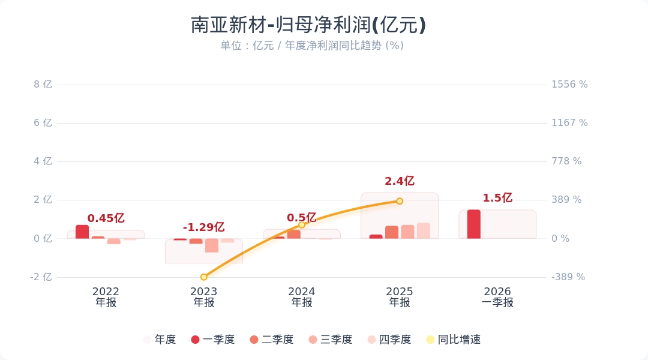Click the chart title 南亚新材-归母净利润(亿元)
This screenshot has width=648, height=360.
(308, 25)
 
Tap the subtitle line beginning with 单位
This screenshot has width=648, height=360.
(311, 46)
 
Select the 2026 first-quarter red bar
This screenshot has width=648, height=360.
(473, 224)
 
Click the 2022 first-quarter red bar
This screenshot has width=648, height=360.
(82, 232)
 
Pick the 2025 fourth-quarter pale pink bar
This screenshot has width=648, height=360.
(424, 231)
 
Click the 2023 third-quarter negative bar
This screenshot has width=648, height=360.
(212, 245)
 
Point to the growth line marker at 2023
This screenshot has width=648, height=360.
(204, 277)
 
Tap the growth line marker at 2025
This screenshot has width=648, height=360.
(400, 201)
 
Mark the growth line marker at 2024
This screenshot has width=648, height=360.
(302, 224)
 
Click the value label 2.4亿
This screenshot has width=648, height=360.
(400, 181)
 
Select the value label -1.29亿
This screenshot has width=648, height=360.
(203, 227)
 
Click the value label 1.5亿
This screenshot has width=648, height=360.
(497, 198)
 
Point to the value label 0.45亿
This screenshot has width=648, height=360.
(106, 218)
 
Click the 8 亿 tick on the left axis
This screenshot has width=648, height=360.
(43, 85)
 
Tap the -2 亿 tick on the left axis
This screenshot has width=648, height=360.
(41, 277)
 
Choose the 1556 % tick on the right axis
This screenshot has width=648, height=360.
(569, 85)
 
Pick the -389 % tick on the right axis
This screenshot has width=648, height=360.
(568, 277)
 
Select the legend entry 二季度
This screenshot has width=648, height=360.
(271, 340)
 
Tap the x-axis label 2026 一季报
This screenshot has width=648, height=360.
(497, 297)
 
